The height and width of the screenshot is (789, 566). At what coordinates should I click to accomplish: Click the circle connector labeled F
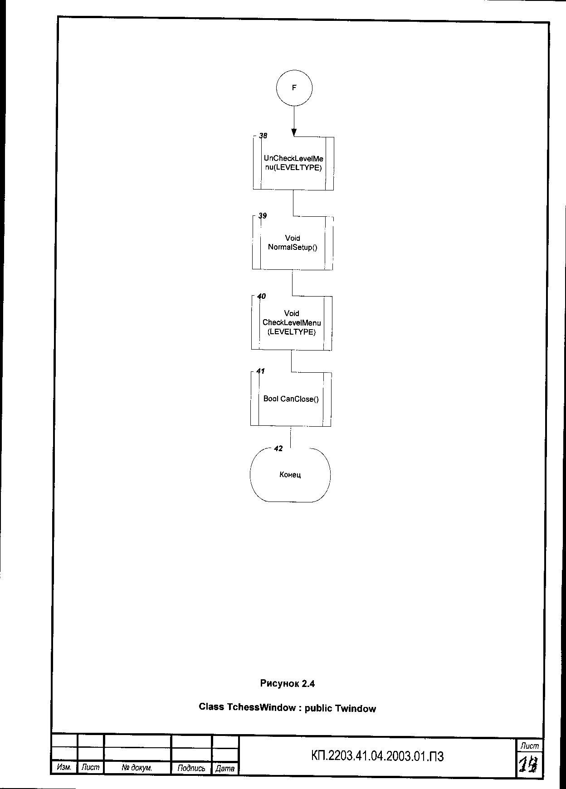tap(294, 88)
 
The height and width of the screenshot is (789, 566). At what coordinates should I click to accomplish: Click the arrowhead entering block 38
tap(294, 132)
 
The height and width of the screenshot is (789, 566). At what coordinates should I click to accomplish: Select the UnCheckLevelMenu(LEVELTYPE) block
tap(293, 163)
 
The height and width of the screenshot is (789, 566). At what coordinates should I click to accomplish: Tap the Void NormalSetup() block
tap(293, 243)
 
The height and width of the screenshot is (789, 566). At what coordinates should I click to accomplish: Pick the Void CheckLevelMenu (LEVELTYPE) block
tap(292, 323)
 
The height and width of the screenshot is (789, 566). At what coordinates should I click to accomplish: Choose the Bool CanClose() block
tap(291, 399)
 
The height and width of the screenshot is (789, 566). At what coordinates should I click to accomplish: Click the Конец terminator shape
tap(290, 475)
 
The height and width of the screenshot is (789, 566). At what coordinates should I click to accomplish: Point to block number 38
tap(263, 136)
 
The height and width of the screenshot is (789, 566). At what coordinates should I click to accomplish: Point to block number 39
tap(263, 216)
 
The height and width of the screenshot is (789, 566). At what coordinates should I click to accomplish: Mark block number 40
tap(262, 296)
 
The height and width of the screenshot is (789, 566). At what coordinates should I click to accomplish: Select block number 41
tap(261, 371)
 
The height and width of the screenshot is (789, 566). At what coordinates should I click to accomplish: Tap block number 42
tap(278, 448)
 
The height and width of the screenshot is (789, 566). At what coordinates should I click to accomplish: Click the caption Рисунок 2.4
tap(288, 683)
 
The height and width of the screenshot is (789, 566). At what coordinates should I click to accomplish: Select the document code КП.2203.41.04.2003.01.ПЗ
tap(377, 756)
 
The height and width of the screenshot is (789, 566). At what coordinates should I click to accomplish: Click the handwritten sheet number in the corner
tap(529, 765)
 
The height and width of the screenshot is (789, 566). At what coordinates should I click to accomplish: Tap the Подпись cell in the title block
tap(191, 768)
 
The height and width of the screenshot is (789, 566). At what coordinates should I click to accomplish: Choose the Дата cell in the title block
tap(225, 768)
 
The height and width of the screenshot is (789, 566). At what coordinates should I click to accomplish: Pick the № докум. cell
tap(137, 768)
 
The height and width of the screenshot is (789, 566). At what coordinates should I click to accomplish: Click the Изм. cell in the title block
tap(64, 767)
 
